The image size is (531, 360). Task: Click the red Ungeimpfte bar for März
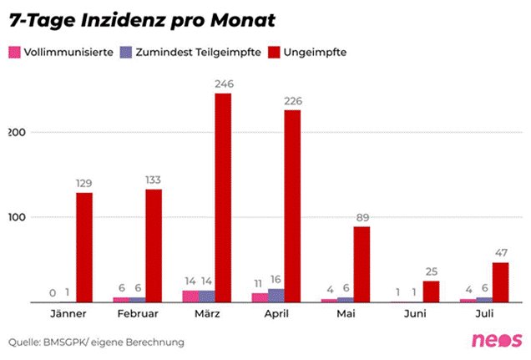pyautogui.click(x=223, y=198)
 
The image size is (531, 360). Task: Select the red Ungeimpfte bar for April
pyautogui.click(x=292, y=206)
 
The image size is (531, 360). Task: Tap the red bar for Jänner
pyautogui.click(x=84, y=247)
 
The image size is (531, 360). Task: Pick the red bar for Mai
pyautogui.click(x=362, y=264)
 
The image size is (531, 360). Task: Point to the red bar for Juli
pyautogui.click(x=499, y=282)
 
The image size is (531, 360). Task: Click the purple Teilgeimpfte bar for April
pyautogui.click(x=276, y=296)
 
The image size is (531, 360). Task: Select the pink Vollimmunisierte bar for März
pyautogui.click(x=190, y=297)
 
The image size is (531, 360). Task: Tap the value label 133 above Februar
pyautogui.click(x=154, y=180)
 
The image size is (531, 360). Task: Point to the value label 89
pyautogui.click(x=362, y=218)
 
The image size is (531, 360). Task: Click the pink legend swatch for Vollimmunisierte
pyautogui.click(x=13, y=52)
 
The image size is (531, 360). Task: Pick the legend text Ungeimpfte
pyautogui.click(x=316, y=52)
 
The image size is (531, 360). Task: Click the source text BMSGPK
pyautogui.click(x=71, y=342)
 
